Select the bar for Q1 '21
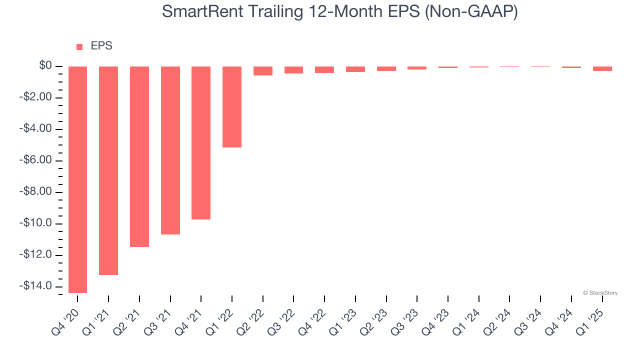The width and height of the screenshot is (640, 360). (x=108, y=170)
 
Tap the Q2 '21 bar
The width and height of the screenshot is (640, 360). (x=139, y=156)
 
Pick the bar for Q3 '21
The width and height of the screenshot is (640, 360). (x=170, y=150)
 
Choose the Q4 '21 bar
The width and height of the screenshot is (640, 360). (x=201, y=142)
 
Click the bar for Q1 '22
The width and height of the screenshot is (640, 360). (x=232, y=106)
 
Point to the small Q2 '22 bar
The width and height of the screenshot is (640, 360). (x=263, y=71)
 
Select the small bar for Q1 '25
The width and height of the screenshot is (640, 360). (x=602, y=68)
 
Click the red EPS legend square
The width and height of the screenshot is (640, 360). (x=79, y=47)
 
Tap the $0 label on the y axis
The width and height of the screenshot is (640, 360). (x=45, y=65)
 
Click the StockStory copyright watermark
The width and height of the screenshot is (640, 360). (x=600, y=293)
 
